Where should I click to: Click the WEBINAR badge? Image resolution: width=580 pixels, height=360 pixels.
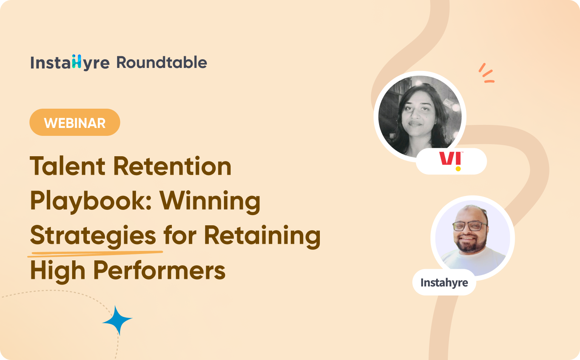click(x=75, y=123)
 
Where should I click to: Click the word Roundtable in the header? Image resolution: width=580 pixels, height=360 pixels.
click(x=162, y=63)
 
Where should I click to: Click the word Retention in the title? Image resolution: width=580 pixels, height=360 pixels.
click(x=172, y=166)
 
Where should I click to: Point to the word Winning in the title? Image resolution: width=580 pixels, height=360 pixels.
click(x=210, y=201)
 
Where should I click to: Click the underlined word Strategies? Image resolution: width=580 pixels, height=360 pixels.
click(x=93, y=236)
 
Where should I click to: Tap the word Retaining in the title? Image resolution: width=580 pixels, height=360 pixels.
click(x=262, y=236)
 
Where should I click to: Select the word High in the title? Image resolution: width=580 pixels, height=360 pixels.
click(x=57, y=271)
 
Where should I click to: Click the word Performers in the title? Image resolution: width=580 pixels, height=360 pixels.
click(x=159, y=271)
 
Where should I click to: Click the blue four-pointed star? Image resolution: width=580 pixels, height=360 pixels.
click(x=117, y=320)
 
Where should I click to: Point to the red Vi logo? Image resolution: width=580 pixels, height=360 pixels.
click(x=449, y=158)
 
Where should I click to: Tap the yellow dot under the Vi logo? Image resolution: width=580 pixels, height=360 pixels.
click(x=458, y=169)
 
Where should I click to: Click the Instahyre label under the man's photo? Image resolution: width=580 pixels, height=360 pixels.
click(x=444, y=283)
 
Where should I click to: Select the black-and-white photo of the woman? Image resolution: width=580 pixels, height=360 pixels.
click(x=420, y=116)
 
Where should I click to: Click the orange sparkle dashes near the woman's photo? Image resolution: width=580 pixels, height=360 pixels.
click(x=486, y=74)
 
